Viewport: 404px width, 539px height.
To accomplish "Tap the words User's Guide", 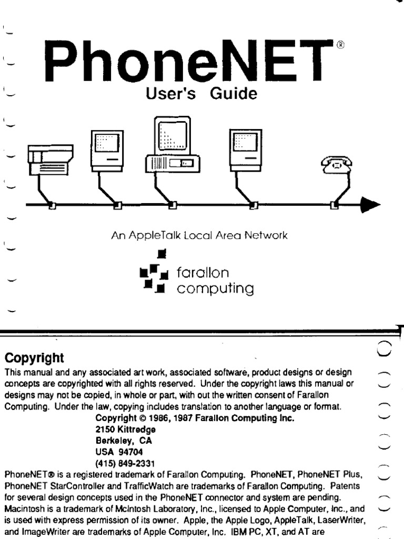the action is (197, 95).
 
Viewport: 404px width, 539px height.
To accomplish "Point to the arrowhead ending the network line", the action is (370, 205).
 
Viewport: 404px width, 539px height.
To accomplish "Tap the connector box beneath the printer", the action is (52, 205).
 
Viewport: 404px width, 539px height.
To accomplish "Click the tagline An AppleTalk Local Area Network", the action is (200, 236).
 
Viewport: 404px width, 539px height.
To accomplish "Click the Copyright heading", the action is (34, 358).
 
